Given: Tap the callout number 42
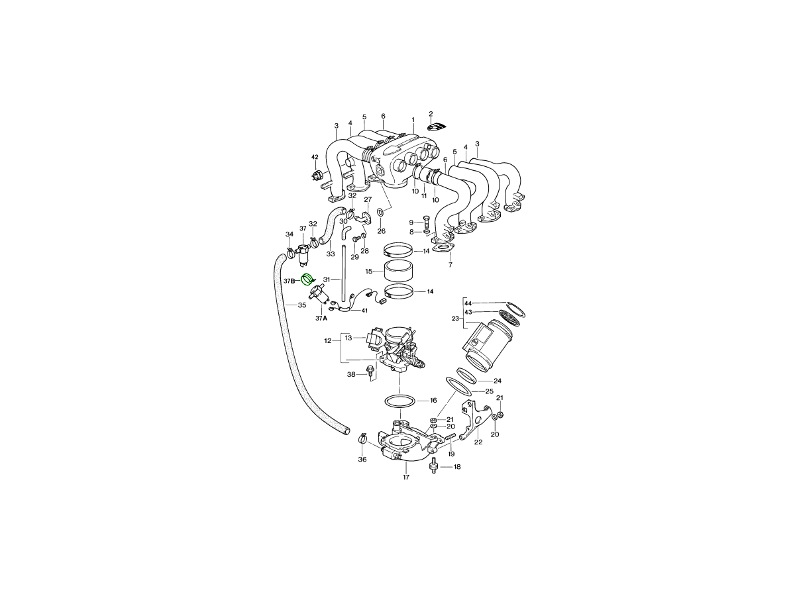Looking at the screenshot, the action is click(315, 157).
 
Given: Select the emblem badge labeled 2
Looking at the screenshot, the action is click(437, 127).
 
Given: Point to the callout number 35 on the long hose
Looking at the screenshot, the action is click(302, 305).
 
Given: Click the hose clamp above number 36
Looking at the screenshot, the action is click(362, 438).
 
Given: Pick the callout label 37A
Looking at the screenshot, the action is click(321, 319).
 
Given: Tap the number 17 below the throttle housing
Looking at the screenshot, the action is click(406, 477).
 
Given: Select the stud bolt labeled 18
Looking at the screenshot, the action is click(434, 467).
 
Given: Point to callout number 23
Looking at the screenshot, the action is click(455, 319).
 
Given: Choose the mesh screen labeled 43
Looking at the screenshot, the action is click(509, 318).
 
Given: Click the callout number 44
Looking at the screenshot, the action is click(468, 303).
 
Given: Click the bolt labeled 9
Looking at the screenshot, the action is click(426, 221).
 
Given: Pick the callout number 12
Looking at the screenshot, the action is click(328, 341).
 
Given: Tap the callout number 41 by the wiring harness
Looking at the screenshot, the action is click(364, 311).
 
